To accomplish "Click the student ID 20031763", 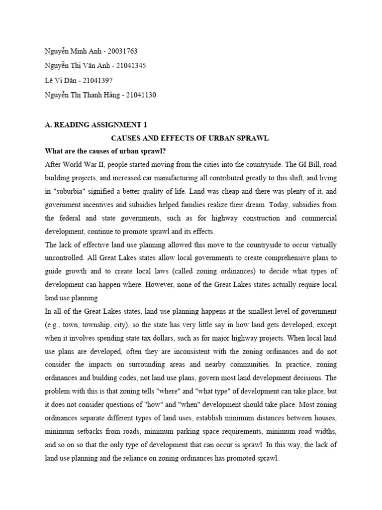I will (119, 51).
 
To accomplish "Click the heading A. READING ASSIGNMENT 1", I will (96, 125).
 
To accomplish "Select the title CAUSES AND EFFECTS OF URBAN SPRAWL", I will (189, 138).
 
